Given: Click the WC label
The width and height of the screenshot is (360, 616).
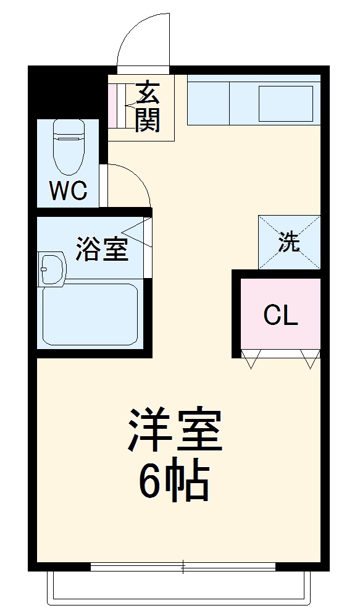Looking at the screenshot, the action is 67,191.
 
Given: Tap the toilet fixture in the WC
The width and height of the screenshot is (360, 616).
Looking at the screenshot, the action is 69,147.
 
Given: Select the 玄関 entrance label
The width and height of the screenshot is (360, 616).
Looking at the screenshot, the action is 148,106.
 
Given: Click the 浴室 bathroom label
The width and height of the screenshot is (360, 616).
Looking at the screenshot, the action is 102,248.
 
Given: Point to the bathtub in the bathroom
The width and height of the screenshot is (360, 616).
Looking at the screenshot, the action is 90,314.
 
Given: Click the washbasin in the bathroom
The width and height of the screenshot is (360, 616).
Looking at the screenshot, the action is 51,269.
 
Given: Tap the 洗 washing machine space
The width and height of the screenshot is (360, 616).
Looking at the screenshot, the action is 289,242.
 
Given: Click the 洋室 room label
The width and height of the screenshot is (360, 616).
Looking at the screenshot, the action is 175,430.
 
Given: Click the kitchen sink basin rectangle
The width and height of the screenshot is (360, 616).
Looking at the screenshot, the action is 286,104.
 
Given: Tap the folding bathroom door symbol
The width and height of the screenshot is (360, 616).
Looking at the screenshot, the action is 138,232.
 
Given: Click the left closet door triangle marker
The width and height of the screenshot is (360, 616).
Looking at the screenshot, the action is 251,359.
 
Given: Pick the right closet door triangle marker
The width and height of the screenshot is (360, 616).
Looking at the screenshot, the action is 311,359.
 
